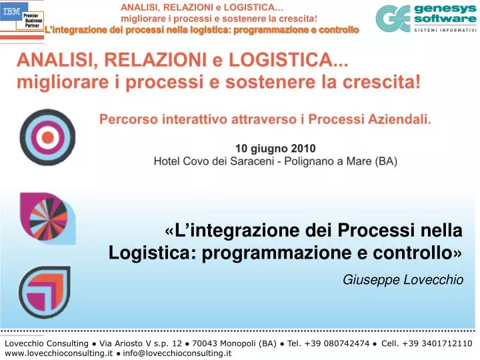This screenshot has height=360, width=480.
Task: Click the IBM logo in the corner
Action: [x=11, y=12]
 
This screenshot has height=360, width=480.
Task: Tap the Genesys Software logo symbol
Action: [x=393, y=19]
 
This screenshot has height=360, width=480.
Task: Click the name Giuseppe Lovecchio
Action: [x=403, y=281]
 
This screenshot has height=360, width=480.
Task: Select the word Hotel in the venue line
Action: [x=167, y=161]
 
